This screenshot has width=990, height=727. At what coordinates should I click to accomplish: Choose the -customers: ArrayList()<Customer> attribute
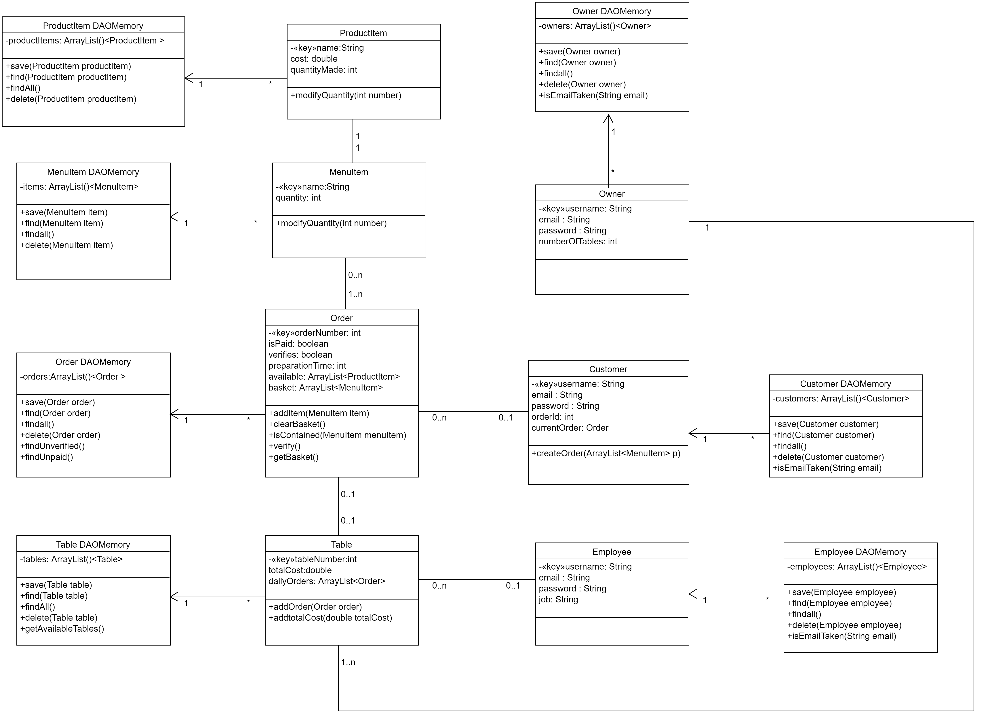tap(840, 399)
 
